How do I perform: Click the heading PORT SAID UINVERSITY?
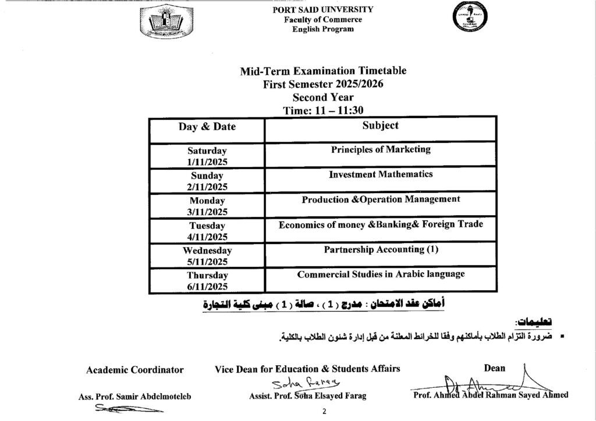(323, 10)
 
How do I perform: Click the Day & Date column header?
(207, 127)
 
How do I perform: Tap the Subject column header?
(380, 126)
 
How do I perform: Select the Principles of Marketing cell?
(381, 149)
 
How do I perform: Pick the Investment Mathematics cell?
(381, 174)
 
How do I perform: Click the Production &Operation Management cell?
(381, 199)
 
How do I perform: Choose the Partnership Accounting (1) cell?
(381, 249)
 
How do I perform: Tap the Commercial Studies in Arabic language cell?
(381, 274)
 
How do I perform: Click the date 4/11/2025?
(207, 237)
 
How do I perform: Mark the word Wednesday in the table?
(207, 251)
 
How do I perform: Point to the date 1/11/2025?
(207, 162)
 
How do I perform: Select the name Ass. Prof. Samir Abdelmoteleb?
(134, 397)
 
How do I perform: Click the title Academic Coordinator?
(134, 370)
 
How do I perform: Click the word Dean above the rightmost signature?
(495, 368)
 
